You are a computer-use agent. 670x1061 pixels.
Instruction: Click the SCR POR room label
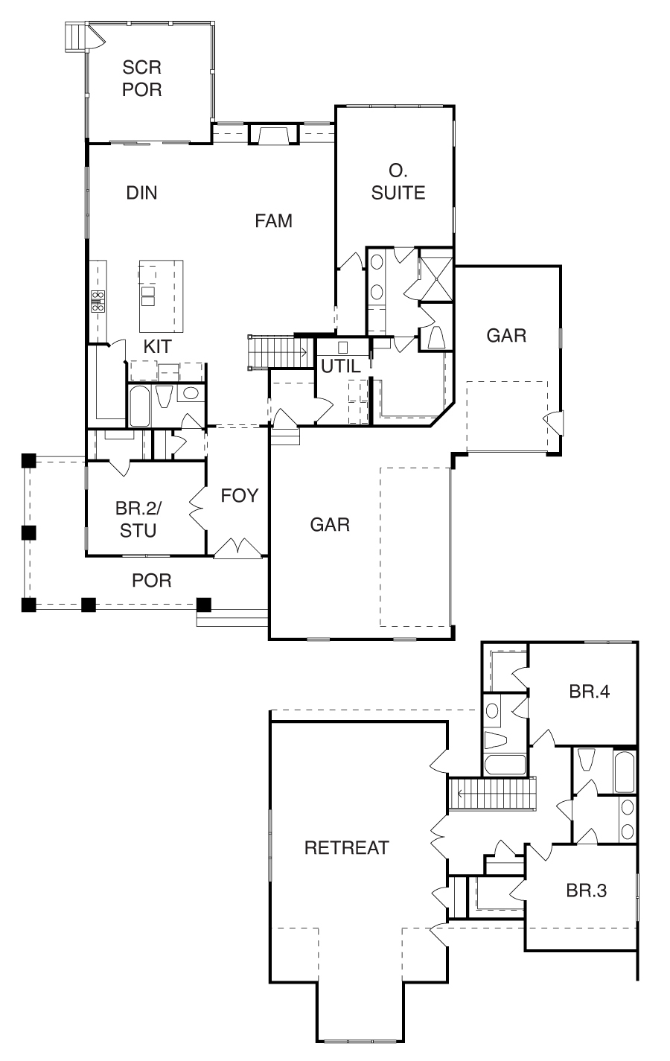pyautogui.click(x=142, y=78)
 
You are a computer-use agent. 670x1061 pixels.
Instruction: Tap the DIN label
pyautogui.click(x=141, y=193)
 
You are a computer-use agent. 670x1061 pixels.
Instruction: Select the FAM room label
pyautogui.click(x=274, y=220)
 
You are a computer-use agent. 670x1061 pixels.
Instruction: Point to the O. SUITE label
pyautogui.click(x=398, y=182)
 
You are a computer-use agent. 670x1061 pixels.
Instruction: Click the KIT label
pyautogui.click(x=158, y=346)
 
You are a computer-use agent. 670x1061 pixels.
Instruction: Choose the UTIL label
pyautogui.click(x=341, y=366)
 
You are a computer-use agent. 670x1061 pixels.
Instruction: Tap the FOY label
pyautogui.click(x=239, y=495)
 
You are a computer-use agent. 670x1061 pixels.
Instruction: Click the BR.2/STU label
pyautogui.click(x=138, y=519)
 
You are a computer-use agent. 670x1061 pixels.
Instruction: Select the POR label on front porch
pyautogui.click(x=151, y=580)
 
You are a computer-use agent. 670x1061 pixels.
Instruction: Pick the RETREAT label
pyautogui.click(x=347, y=847)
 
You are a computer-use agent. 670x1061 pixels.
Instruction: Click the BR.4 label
pyautogui.click(x=590, y=691)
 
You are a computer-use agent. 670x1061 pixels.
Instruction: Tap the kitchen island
pyautogui.click(x=161, y=296)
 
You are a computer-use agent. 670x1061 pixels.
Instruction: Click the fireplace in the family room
pyautogui.click(x=272, y=134)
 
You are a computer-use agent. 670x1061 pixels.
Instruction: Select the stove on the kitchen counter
pyautogui.click(x=98, y=301)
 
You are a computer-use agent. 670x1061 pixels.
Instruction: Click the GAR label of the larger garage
pyautogui.click(x=330, y=524)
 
